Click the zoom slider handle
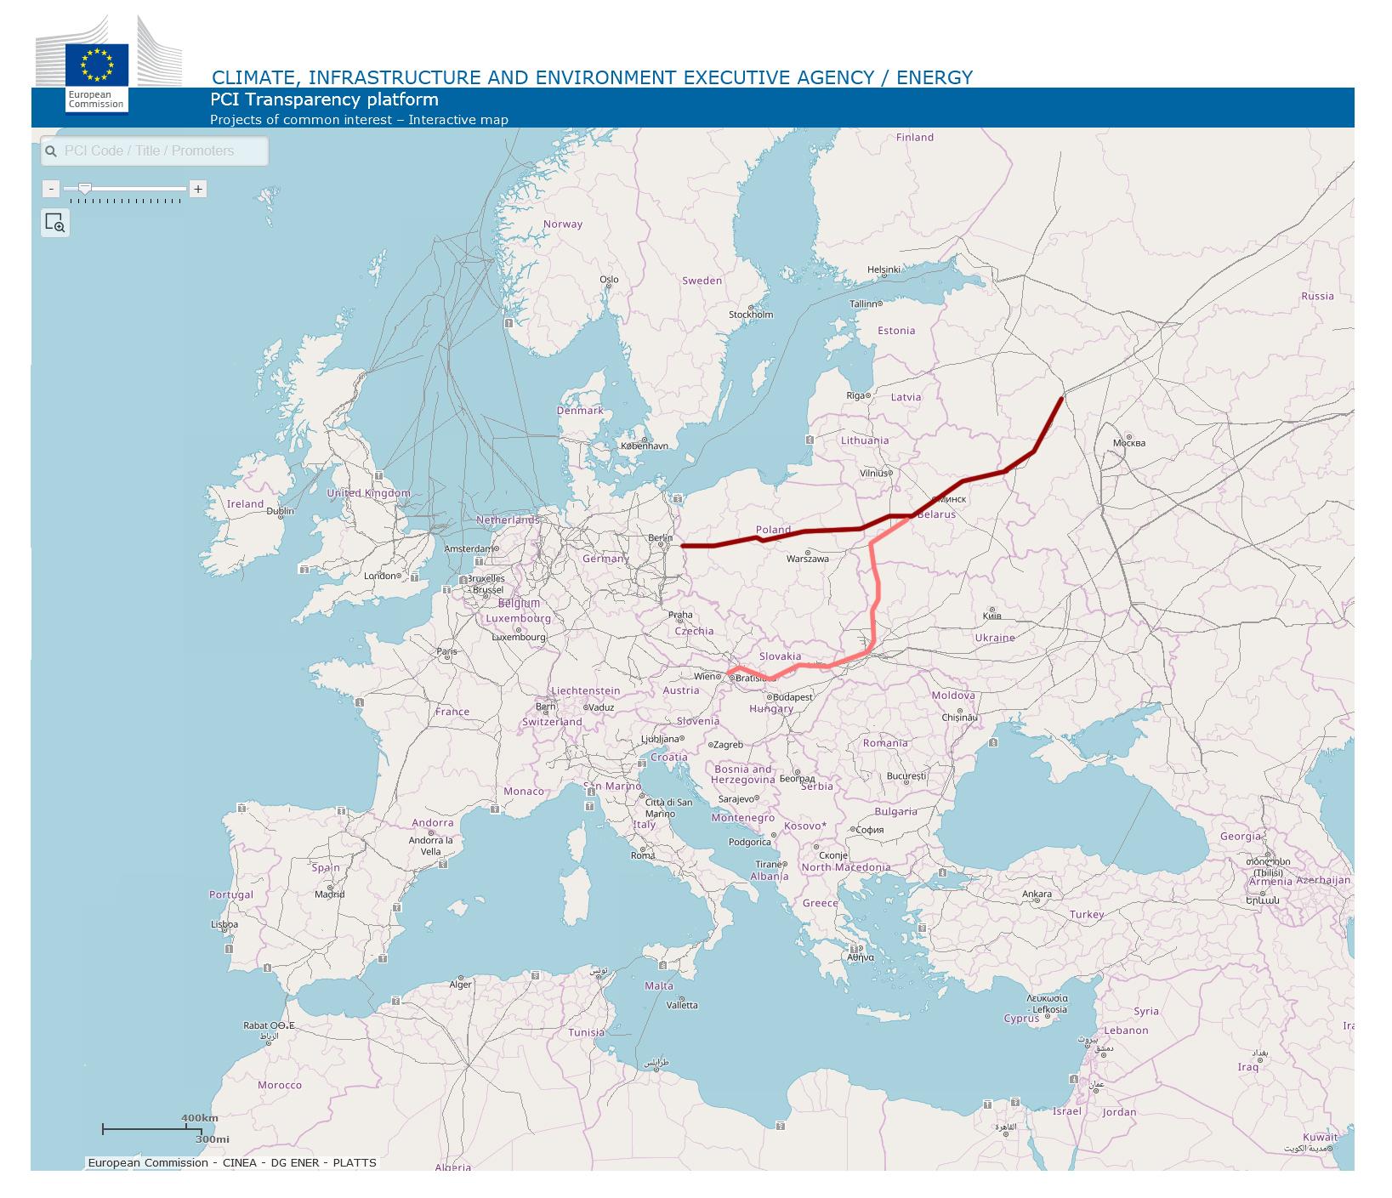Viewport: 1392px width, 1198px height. pos(84,189)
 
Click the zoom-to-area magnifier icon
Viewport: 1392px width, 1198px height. pos(55,223)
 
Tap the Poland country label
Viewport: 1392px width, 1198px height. pos(773,530)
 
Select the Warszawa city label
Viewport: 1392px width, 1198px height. pos(807,559)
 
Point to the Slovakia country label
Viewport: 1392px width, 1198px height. pos(780,656)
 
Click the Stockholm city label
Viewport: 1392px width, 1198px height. pos(751,315)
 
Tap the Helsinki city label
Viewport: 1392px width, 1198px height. pos(883,270)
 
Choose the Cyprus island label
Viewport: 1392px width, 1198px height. pos(1021,1018)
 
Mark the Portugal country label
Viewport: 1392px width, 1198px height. pos(231,894)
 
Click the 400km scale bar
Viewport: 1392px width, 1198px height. pos(145,1129)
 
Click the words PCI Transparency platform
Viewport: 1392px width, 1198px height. pos(324,99)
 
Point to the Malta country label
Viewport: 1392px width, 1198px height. pos(658,986)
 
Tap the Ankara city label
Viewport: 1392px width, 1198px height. pos(1037,894)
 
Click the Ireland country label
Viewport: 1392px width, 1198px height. pos(245,504)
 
